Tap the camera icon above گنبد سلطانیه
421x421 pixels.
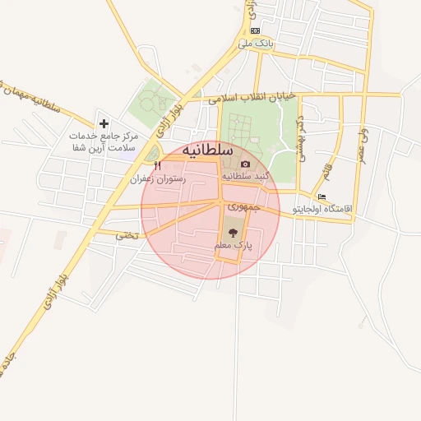[244, 164]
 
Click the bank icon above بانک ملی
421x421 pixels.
[255, 30]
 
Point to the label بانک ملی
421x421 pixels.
[255, 42]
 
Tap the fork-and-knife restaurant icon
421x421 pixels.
[157, 164]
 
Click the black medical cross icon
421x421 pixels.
[104, 123]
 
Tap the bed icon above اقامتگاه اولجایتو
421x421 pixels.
[322, 197]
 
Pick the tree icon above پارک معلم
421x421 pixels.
[232, 233]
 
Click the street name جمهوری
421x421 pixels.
[244, 207]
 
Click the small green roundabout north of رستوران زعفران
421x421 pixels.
[151, 152]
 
